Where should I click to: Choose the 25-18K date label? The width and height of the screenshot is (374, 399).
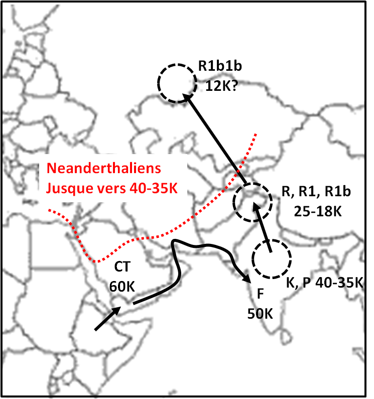click(316, 211)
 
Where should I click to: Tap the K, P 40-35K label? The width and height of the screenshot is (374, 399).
click(324, 282)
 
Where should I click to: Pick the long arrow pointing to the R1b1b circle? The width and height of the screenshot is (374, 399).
click(214, 137)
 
